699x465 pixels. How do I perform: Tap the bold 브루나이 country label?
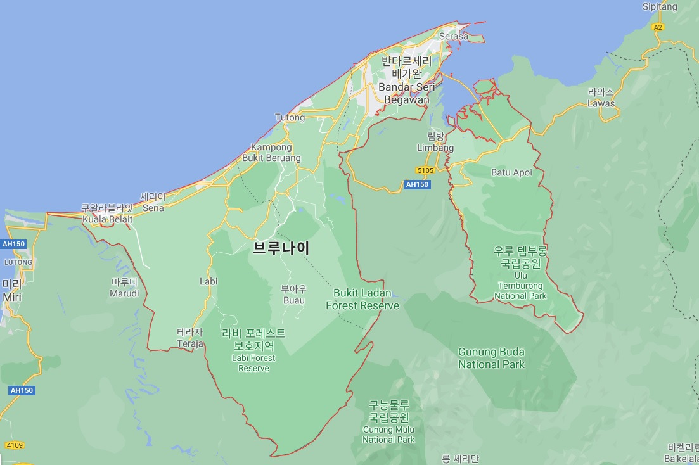(281, 248)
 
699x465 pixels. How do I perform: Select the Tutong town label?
(290, 117)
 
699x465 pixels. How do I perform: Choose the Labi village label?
(208, 281)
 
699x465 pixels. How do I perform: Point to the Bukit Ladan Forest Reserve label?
(362, 300)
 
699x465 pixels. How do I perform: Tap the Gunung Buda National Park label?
(491, 358)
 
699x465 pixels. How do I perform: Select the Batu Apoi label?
(511, 172)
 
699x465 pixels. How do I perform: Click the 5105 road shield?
(425, 170)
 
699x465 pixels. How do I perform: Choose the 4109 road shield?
(13, 445)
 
